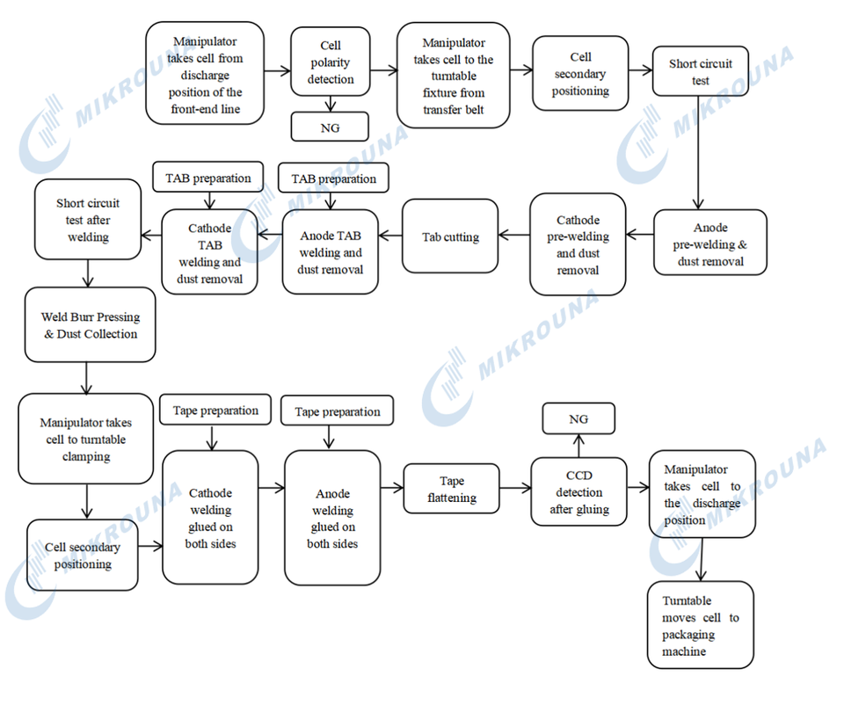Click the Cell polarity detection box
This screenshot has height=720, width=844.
tap(331, 62)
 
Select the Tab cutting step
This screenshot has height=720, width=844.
tap(450, 236)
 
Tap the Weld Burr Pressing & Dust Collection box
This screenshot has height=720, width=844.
tap(91, 325)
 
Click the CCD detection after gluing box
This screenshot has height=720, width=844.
tap(579, 492)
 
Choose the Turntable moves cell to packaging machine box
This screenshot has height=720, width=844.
tap(701, 626)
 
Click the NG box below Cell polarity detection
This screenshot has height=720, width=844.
tap(330, 127)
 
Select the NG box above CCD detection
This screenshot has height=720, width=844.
tap(578, 419)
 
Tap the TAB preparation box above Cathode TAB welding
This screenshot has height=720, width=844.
tap(208, 178)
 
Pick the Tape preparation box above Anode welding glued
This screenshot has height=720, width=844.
tap(338, 411)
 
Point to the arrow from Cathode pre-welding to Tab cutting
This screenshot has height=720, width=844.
tap(513, 236)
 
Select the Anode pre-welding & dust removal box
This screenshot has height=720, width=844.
tap(710, 244)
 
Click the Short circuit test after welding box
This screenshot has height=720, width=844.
tap(88, 220)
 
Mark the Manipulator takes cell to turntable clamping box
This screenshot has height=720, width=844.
tap(86, 439)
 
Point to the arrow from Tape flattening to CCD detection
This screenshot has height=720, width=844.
tap(515, 490)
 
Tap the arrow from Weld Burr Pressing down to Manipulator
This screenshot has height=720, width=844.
tap(86, 377)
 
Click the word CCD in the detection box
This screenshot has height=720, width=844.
tap(579, 476)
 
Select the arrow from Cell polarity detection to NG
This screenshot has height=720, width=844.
tap(331, 105)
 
